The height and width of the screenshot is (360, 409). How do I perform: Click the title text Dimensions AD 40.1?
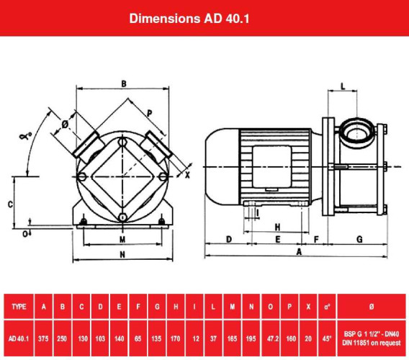point(204,17)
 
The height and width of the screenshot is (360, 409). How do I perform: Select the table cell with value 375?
point(45,335)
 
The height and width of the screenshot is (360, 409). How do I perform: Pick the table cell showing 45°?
point(328,335)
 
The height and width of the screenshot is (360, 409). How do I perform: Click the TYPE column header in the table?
point(19,307)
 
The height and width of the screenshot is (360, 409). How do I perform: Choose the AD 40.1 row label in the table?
point(19,335)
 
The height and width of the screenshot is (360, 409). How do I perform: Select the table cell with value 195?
point(251,335)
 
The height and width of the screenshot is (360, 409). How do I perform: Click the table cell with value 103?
point(101,335)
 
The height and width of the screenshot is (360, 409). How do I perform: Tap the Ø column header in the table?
point(372,307)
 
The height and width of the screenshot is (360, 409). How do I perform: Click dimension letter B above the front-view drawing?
point(124,84)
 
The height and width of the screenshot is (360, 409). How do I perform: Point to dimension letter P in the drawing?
point(149,112)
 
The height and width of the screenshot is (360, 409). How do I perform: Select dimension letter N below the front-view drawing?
point(122,255)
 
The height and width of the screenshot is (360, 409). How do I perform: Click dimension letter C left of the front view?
point(10,204)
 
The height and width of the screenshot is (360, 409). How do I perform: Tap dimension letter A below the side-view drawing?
point(299,251)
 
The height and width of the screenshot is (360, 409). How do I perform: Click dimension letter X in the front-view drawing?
point(188,175)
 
